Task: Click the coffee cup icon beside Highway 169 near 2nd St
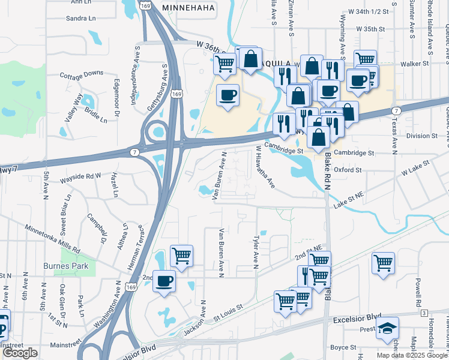coord(163,281)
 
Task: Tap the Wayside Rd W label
coord(80,176)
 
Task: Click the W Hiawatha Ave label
coord(265,167)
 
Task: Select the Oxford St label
coord(348,170)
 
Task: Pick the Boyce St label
coord(343,347)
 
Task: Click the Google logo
coord(21,353)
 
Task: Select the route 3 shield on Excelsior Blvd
coord(424,313)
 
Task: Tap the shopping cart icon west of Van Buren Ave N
coord(181,256)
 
